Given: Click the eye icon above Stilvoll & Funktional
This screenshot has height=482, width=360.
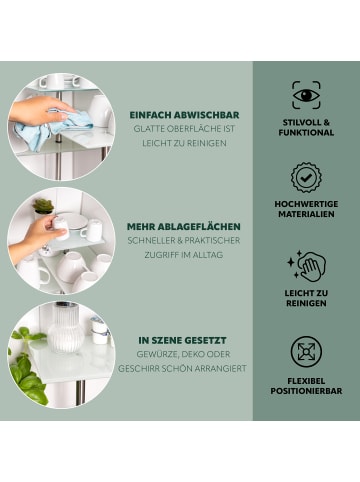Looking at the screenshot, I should point(306,95).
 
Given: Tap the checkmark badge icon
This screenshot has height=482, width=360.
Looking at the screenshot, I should point(306,178).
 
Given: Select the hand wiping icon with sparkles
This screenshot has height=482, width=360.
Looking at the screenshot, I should point(306,266).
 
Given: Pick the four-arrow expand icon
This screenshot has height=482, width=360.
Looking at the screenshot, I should point(306,351).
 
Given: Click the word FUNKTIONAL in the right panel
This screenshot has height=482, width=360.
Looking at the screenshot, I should point(306,132).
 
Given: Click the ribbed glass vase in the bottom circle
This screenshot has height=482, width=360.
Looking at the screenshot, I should point(67,337).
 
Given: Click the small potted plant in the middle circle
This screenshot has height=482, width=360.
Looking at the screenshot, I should point(44,206).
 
